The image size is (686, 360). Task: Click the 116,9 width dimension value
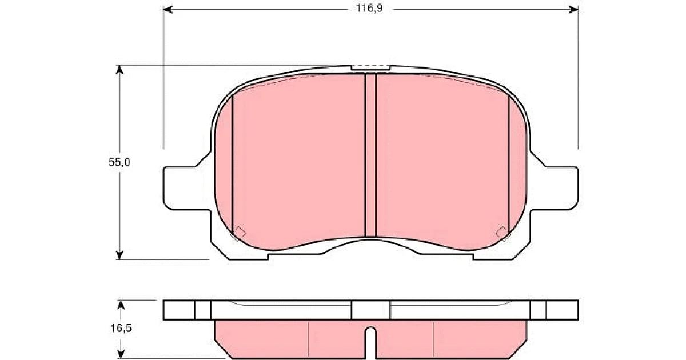[x=369, y=8]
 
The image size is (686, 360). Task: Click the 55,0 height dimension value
[x=119, y=162]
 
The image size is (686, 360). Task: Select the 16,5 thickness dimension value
[x=121, y=328]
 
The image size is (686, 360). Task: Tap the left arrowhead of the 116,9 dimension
[x=168, y=10]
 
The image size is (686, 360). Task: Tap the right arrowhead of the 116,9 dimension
[x=573, y=10]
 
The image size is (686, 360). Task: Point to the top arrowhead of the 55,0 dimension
[x=119, y=70]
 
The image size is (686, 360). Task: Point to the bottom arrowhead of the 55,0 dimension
[x=119, y=255]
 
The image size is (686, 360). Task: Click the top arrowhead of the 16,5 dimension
[x=121, y=305]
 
